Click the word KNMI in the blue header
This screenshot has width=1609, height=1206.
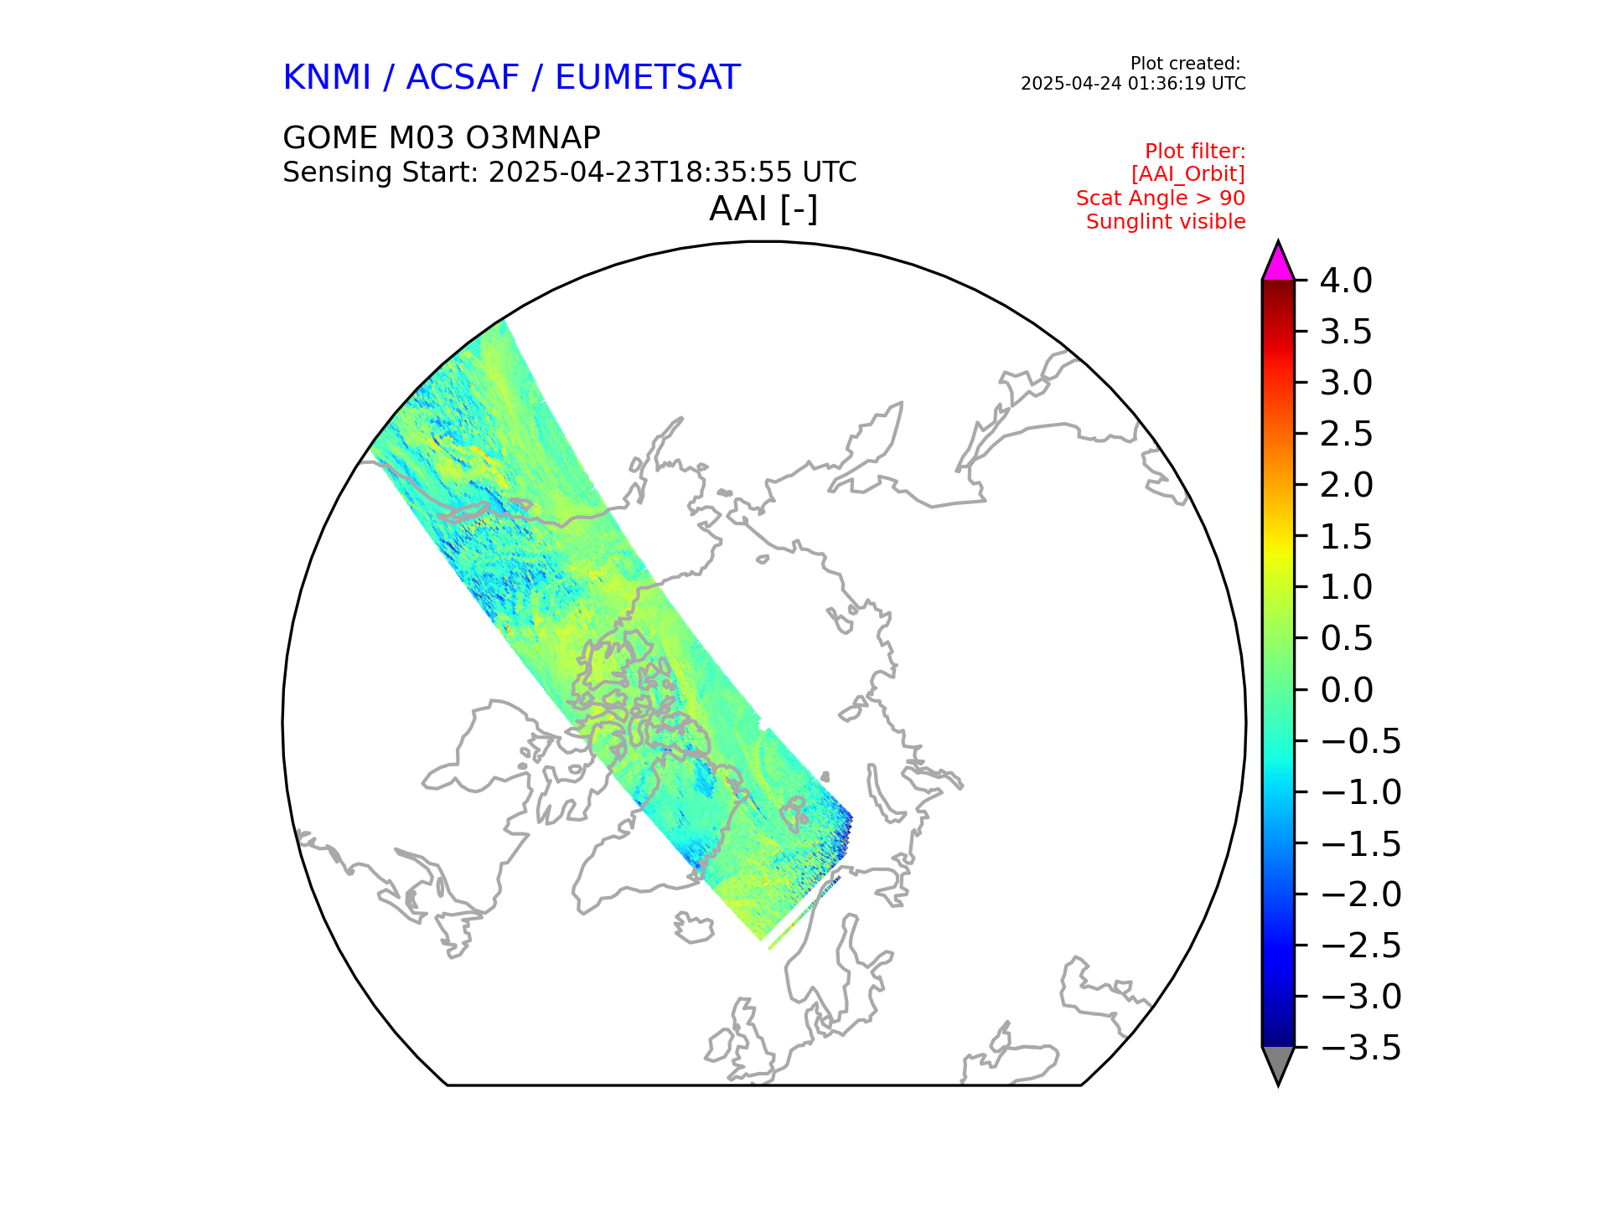pyautogui.click(x=326, y=78)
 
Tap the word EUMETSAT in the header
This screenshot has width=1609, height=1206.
pyautogui.click(x=647, y=78)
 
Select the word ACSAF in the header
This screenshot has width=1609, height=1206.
pyautogui.click(x=463, y=78)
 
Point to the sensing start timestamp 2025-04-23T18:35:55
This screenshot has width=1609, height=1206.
pyautogui.click(x=640, y=173)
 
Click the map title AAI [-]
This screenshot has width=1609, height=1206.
pyautogui.click(x=763, y=209)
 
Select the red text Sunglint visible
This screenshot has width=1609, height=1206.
pyautogui.click(x=1165, y=222)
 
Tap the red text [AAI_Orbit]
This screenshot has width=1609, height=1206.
pyautogui.click(x=1187, y=174)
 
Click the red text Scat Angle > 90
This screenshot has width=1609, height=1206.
pyautogui.click(x=1160, y=198)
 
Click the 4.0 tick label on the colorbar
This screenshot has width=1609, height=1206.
pyautogui.click(x=1346, y=281)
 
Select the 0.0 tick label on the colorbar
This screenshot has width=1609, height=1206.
pyautogui.click(x=1346, y=690)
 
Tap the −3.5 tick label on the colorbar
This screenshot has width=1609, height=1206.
pyautogui.click(x=1360, y=1048)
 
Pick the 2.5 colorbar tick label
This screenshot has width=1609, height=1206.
pyautogui.click(x=1346, y=434)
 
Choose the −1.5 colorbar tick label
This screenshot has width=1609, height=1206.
pyautogui.click(x=1360, y=843)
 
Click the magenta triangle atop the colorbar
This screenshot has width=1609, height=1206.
pyautogui.click(x=1278, y=264)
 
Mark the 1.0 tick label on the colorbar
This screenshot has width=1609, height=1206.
pyautogui.click(x=1346, y=587)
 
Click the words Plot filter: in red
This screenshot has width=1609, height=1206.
pyautogui.click(x=1194, y=152)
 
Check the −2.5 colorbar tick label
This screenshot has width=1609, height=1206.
pyautogui.click(x=1360, y=946)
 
